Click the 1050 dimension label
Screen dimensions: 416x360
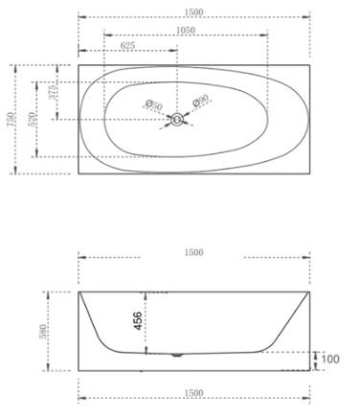click(x=184, y=31)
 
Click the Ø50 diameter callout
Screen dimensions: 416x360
click(x=153, y=104)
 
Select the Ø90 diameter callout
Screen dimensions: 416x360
click(x=201, y=102)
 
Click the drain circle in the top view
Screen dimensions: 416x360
click(x=177, y=119)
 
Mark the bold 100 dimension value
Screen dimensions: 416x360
click(x=331, y=358)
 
